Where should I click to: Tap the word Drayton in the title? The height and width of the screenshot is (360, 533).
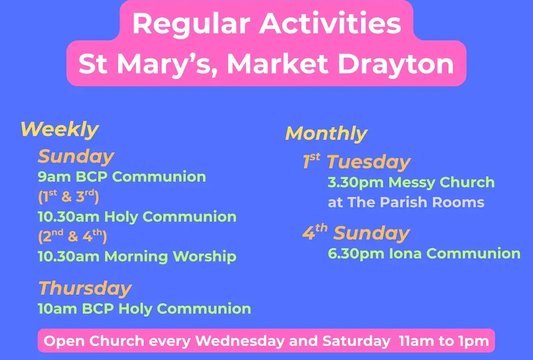(395, 63)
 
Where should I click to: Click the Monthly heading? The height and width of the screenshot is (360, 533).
(326, 134)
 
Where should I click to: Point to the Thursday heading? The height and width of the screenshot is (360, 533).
(85, 289)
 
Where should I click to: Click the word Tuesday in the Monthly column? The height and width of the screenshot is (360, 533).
(369, 162)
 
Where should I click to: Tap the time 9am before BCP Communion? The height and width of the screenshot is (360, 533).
(54, 177)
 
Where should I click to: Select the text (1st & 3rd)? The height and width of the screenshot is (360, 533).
(68, 197)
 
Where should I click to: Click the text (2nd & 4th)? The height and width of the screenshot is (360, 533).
(72, 236)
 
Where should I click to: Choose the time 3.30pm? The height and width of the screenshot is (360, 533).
(356, 183)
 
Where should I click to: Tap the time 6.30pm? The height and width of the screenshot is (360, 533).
(356, 254)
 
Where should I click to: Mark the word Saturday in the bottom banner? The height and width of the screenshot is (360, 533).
(356, 341)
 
